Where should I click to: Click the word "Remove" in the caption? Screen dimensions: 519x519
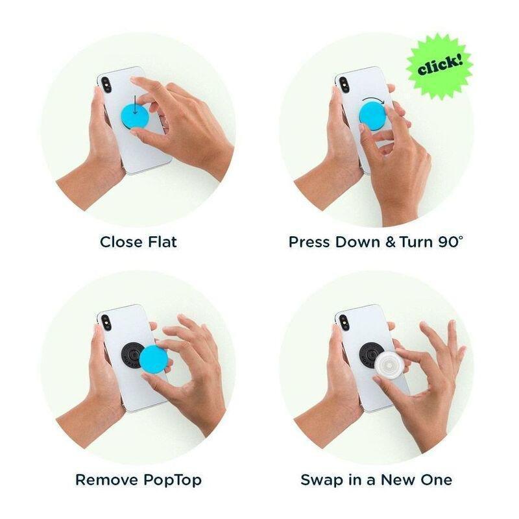tap(106, 480)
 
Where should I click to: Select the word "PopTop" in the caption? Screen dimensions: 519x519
tap(172, 480)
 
